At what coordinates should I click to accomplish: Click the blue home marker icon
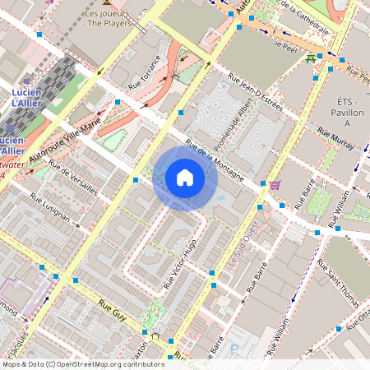click(185, 178)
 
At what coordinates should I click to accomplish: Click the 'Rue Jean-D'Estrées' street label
click(257, 103)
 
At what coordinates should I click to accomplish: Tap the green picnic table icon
click(310, 58)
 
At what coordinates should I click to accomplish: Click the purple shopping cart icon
click(275, 184)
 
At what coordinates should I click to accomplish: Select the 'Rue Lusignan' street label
click(51, 209)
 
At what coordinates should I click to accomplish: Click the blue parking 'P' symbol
click(234, 348)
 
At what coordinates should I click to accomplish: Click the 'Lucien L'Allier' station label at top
click(32, 98)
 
